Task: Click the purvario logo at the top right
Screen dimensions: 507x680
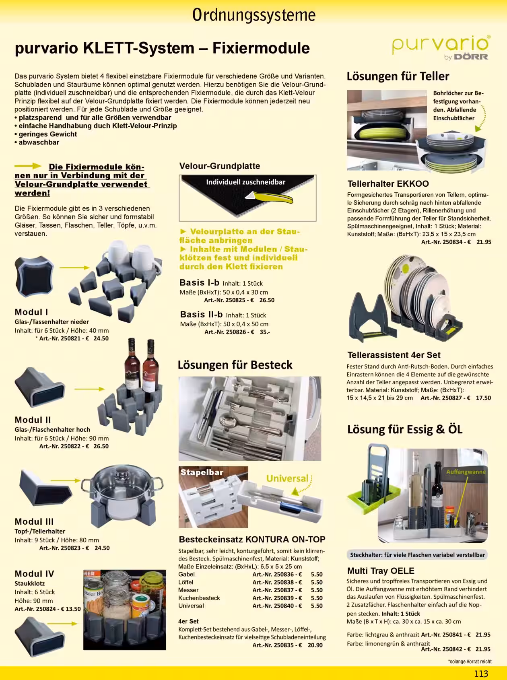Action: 441,47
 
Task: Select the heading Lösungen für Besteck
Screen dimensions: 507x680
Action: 235,365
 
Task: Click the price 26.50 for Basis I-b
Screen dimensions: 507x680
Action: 267,300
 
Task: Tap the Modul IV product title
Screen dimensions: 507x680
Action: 34,574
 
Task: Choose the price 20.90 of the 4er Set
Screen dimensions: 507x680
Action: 315,645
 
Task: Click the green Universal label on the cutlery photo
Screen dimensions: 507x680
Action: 287,478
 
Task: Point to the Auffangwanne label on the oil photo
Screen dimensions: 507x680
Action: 466,472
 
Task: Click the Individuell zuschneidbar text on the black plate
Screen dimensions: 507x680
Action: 245,182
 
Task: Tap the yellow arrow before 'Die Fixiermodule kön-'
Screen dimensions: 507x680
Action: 28,166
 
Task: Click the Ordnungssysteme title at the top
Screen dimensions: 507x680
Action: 253,15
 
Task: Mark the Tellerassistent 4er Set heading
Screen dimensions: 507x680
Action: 394,355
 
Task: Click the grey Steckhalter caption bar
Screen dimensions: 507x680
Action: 417,555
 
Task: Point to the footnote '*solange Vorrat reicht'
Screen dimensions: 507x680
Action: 470,661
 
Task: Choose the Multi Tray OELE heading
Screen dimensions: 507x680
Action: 381,571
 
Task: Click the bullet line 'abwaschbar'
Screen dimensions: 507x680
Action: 37,142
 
